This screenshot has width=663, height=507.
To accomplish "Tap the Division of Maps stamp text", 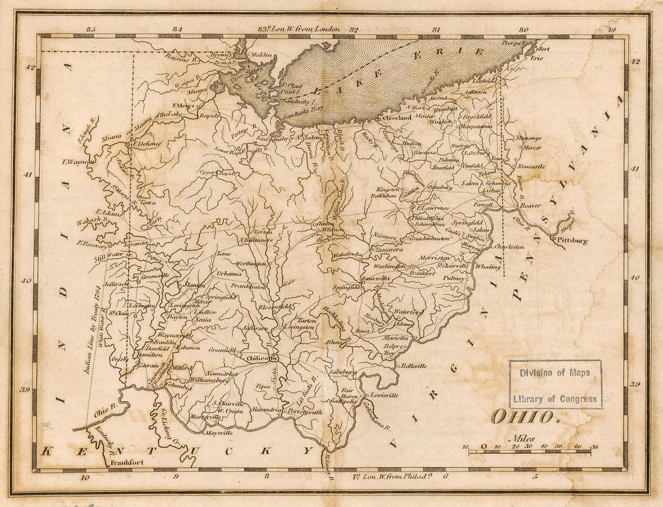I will pos(555,373).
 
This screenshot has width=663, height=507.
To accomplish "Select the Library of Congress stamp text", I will pos(555,398).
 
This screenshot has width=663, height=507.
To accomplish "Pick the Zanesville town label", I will pos(375,279).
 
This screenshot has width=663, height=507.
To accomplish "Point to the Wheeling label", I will pos(488,266).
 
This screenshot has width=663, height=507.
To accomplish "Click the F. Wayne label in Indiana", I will pos(75,162).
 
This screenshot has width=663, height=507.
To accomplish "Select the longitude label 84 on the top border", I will pos(177,29).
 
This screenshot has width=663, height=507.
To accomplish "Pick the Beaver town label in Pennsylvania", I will pos(530,205).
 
